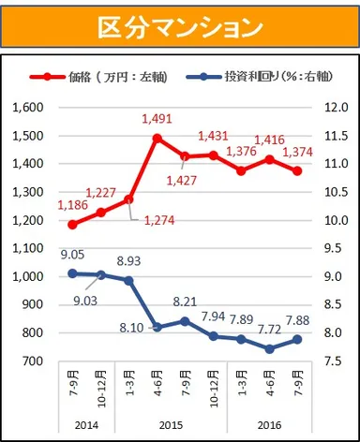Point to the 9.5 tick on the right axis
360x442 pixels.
pos(337,248)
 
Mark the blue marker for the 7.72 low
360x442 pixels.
pos(270,348)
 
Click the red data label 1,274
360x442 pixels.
pos(160,221)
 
